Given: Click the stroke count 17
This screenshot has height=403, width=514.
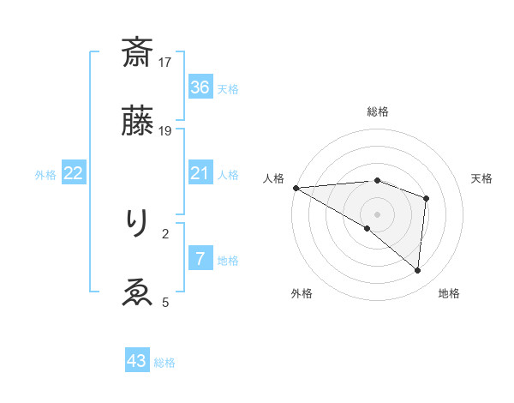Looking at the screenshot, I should click(x=166, y=62).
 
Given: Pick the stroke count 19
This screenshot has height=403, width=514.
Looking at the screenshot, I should click(x=166, y=130).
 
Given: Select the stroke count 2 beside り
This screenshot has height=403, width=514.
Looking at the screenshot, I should click(x=166, y=232).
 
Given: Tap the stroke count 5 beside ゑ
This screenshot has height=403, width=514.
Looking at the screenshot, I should click(x=166, y=302).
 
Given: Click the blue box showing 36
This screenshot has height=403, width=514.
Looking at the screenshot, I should click(x=200, y=87).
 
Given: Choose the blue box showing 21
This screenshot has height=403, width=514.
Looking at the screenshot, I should click(x=200, y=173).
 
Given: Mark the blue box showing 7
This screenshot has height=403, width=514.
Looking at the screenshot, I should click(x=200, y=259).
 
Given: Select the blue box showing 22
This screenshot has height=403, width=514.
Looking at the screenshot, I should click(x=74, y=173).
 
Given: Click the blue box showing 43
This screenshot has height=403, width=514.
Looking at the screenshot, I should click(x=137, y=362).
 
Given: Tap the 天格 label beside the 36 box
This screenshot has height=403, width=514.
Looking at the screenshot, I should click(x=228, y=89).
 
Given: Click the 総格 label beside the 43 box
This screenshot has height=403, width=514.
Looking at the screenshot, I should click(x=164, y=364).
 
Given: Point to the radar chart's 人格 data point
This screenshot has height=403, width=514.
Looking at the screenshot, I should click(x=296, y=188).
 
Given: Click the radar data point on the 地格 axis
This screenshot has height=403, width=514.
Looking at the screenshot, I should click(x=417, y=271).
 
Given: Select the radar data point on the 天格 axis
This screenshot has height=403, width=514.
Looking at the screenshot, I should click(x=426, y=199).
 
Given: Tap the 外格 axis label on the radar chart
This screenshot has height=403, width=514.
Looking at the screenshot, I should click(x=302, y=294).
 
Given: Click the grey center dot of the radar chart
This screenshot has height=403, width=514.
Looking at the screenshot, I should click(x=377, y=214).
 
